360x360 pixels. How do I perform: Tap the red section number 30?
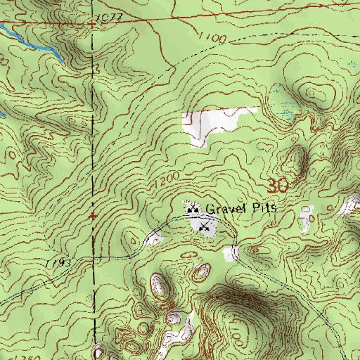coord(278,186)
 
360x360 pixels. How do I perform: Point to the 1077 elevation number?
coord(111,17)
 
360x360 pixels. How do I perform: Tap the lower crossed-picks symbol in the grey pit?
coord(205,226)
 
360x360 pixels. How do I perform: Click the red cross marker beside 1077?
coord(92,24)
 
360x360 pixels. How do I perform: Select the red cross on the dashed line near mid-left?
coord(94,216)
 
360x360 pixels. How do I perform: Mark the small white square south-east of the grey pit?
coord(229,254)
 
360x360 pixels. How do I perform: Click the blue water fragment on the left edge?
coord(3,112)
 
